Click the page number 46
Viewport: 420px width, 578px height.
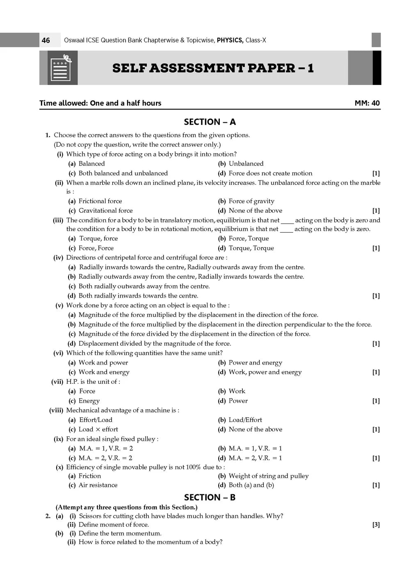click(x=46, y=40)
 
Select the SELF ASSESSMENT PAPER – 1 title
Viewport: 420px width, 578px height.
click(x=213, y=68)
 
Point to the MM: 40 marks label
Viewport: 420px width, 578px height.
click(x=367, y=103)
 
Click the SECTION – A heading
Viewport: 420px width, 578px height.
click(x=210, y=122)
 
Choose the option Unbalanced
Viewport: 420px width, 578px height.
click(x=246, y=163)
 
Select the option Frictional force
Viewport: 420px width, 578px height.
click(x=100, y=201)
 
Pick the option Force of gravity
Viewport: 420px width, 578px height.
click(x=251, y=201)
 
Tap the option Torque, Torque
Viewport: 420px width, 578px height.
click(x=251, y=248)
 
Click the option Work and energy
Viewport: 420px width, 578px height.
click(x=104, y=372)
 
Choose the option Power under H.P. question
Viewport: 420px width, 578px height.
click(x=238, y=401)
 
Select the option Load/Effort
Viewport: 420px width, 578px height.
click(x=245, y=420)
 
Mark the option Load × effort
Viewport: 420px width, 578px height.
click(x=98, y=429)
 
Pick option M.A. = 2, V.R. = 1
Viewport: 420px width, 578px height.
click(x=255, y=458)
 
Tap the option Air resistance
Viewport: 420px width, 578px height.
click(x=98, y=485)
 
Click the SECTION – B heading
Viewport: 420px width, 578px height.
click(x=210, y=498)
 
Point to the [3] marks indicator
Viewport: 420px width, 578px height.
click(x=376, y=525)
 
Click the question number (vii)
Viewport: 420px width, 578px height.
click(x=57, y=382)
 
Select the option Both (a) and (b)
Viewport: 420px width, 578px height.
click(x=251, y=485)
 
